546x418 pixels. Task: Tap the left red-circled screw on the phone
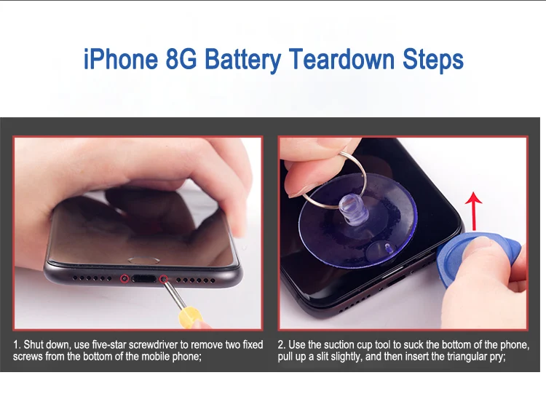coord(124,277)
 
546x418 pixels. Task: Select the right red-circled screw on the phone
coord(164,277)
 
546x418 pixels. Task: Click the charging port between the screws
coord(144,278)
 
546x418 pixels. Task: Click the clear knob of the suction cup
coord(355,210)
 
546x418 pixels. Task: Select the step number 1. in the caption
coord(17,344)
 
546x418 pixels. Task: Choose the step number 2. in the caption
coord(282,344)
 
